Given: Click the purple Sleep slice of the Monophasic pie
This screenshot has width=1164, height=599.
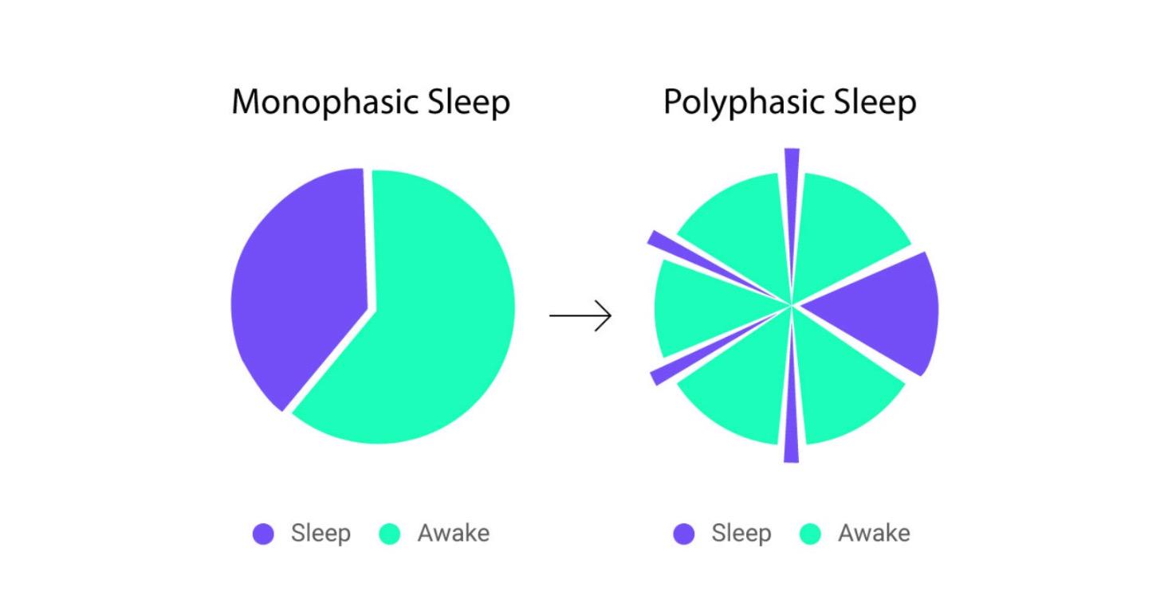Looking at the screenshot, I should tap(299, 287).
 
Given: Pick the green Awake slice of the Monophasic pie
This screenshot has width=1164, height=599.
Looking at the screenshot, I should tap(438, 319).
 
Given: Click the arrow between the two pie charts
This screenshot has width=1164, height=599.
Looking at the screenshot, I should tap(580, 316).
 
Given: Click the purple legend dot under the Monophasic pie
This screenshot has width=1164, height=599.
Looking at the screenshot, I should tap(263, 534).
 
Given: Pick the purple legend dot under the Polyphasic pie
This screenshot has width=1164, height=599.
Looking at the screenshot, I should tap(683, 534).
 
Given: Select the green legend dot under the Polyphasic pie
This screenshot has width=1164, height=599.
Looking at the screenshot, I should tap(810, 534).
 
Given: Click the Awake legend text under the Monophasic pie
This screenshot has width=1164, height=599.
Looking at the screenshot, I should tap(454, 533).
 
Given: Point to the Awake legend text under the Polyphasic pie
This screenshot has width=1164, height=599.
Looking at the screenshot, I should tap(874, 533).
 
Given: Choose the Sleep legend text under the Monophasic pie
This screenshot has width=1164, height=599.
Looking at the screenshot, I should tap(320, 533).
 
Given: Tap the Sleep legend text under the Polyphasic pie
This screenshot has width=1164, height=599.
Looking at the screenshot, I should tap(741, 533).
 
